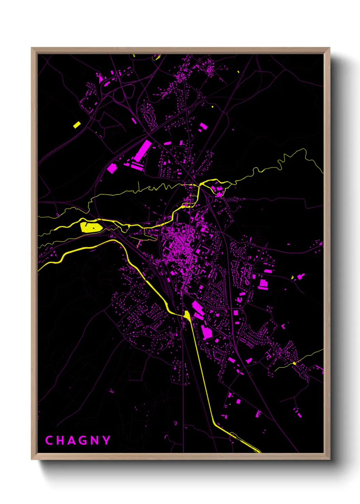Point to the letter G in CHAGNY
click(x=83, y=440)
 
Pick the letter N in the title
click(x=95, y=440)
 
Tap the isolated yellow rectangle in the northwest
click(x=77, y=125)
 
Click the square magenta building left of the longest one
click(x=112, y=168)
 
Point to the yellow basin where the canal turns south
click(x=187, y=315)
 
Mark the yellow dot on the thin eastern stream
click(x=295, y=363)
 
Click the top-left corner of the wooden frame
click(x=32, y=48)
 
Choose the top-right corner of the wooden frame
click(x=329, y=48)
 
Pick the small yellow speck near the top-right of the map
click(x=238, y=72)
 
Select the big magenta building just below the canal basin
click(x=207, y=332)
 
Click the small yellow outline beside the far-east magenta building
click(x=292, y=278)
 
